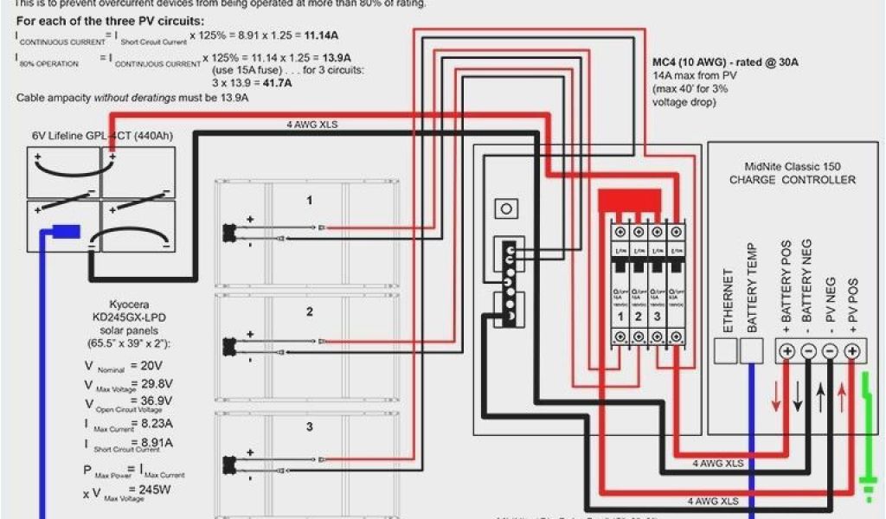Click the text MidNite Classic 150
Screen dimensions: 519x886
coord(793,166)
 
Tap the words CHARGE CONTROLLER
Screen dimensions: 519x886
coord(793,180)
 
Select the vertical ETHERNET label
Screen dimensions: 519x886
coord(728,300)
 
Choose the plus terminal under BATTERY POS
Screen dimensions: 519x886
coord(786,351)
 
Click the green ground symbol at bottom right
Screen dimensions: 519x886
coord(868,489)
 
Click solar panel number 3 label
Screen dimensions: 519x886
coord(309,427)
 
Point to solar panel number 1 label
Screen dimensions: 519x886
coord(309,201)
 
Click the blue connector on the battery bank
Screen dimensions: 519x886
coord(67,231)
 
